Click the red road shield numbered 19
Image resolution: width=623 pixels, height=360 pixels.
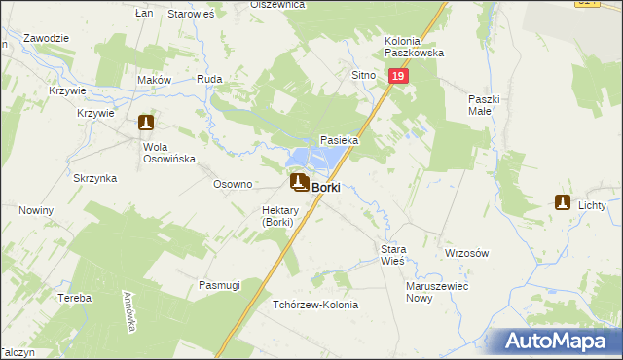coord(397,75)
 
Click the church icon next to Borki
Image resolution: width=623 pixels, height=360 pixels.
coord(300,182)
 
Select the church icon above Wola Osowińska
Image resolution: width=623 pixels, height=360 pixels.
coord(146,124)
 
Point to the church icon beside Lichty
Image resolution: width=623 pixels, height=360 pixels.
coord(562,202)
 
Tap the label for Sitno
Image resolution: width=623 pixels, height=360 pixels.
coord(362,73)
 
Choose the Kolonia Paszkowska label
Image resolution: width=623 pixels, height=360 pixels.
coord(414,47)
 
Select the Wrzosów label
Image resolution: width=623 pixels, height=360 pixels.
coord(465,252)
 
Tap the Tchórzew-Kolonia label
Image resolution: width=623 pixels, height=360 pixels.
coord(315,305)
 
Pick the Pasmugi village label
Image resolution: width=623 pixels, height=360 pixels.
coord(219,285)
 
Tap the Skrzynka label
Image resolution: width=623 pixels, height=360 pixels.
coord(95,178)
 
